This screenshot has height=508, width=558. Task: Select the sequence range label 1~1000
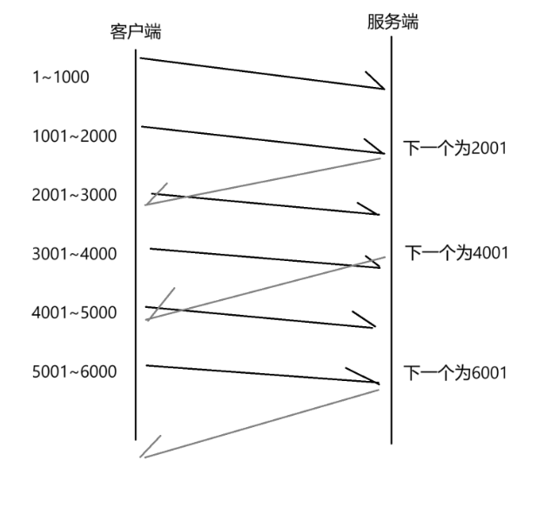(x=60, y=77)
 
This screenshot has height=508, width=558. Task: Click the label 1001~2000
(x=74, y=136)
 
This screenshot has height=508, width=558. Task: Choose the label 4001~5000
(x=74, y=312)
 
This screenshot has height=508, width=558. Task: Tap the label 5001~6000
(x=74, y=371)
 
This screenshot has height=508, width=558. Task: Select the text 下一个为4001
(x=456, y=253)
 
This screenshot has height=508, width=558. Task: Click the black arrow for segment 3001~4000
(x=265, y=257)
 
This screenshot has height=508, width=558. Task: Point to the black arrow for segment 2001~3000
(x=266, y=204)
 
